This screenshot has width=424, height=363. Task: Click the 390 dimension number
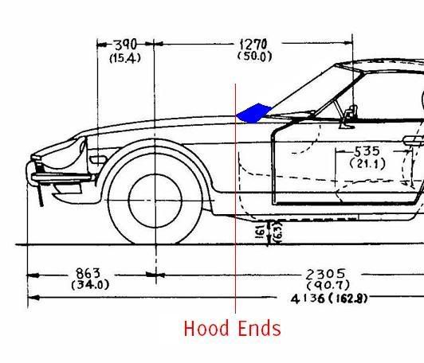point(125,45)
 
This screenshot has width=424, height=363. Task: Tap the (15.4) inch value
point(125,58)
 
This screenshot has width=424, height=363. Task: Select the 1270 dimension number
point(253,44)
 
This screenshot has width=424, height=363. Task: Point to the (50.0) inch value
point(254,57)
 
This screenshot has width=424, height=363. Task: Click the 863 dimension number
point(88,273)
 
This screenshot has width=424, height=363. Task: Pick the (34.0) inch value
point(90,285)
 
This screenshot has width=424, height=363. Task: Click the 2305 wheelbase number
point(325,274)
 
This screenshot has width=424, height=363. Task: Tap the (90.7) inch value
point(328,285)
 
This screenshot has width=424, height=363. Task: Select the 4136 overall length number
point(308,299)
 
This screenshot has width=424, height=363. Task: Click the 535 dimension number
point(367,151)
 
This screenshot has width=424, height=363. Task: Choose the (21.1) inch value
point(367,164)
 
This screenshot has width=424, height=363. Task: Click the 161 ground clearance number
point(260,231)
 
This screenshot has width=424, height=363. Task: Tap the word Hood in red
point(206,328)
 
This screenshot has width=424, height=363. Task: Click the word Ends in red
point(260,328)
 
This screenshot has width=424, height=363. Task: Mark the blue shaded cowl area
point(253,113)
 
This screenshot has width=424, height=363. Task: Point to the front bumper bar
point(61,178)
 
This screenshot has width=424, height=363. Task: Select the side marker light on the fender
point(98,160)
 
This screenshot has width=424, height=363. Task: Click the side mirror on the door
point(349,116)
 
